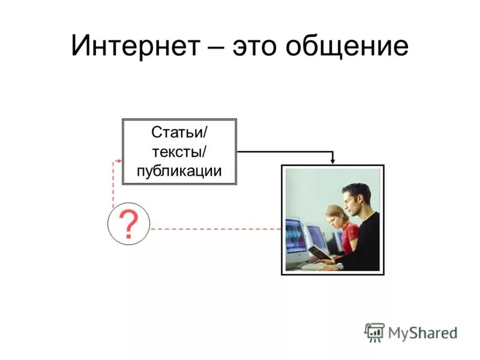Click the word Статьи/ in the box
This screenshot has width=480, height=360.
pyautogui.click(x=179, y=131)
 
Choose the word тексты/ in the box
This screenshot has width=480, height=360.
pyautogui.click(x=179, y=151)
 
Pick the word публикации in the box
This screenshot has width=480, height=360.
pyautogui.click(x=179, y=170)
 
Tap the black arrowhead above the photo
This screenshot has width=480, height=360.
pyautogui.click(x=333, y=160)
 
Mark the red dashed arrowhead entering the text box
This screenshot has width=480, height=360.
pyautogui.click(x=119, y=161)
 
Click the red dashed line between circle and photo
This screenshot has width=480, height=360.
pyautogui.click(x=216, y=229)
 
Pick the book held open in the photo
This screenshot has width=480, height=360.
pyautogui.click(x=320, y=253)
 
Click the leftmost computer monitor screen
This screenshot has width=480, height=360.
pyautogui.click(x=293, y=236)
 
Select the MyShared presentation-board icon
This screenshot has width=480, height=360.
pyautogui.click(x=374, y=332)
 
